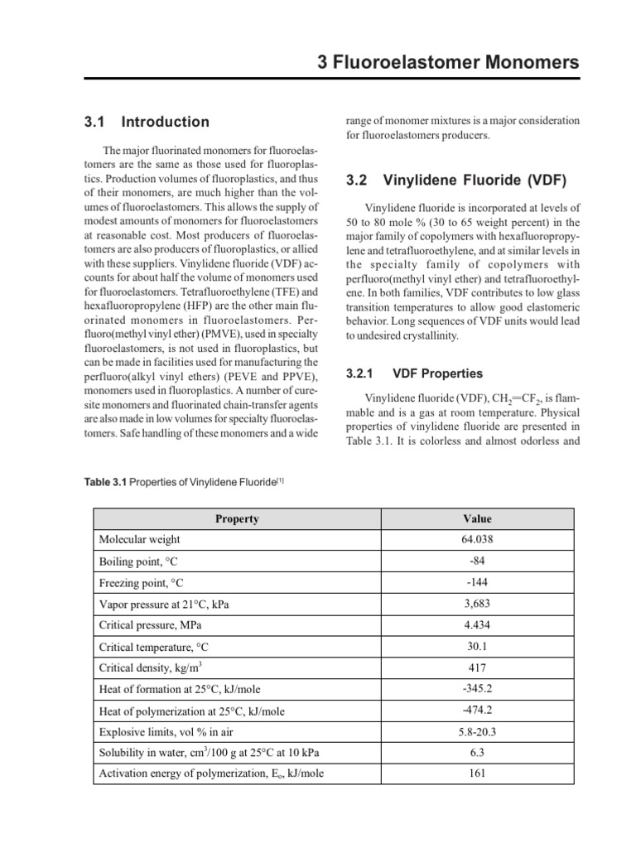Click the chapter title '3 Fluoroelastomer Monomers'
tap(449, 62)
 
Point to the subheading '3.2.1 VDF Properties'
tap(414, 374)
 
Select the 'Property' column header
tap(237, 519)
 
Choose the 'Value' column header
tap(477, 519)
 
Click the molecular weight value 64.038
tap(477, 540)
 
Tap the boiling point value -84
tap(477, 561)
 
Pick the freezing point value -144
tap(477, 582)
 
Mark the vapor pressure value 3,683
tap(477, 604)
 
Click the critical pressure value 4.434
tap(477, 624)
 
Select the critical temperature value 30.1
tap(477, 646)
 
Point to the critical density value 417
tap(477, 667)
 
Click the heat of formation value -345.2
tap(477, 688)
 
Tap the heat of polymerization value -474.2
tap(477, 710)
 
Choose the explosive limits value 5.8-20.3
tap(477, 731)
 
